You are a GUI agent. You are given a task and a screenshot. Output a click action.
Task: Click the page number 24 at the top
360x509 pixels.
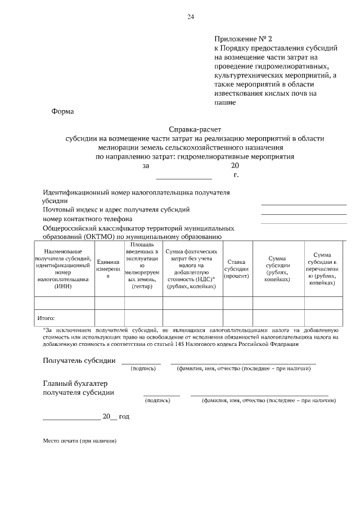(190, 17)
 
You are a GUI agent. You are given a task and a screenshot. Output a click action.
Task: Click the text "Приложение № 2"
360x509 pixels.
(242, 39)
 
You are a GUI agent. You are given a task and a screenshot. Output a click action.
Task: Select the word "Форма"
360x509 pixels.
(62, 111)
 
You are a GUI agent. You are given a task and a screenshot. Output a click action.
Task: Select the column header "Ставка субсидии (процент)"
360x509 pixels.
(236, 269)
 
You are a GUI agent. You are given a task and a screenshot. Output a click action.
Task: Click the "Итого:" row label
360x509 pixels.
(46, 318)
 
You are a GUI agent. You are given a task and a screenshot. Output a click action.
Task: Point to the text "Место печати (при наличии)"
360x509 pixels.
(80, 442)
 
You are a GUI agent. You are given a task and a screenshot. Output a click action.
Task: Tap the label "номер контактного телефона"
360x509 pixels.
(88, 219)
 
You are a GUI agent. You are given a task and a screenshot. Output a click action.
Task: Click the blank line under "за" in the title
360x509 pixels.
(175, 178)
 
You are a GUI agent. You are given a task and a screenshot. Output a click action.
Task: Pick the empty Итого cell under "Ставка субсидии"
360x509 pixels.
(236, 317)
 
